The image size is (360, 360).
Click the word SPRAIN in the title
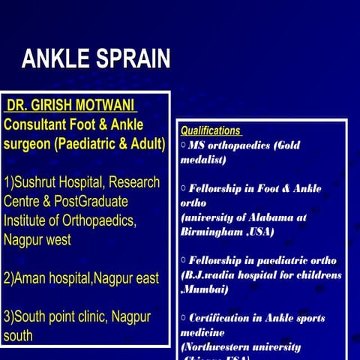131,59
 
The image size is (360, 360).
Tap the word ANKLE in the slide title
55,59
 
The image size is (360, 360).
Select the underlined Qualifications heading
211,130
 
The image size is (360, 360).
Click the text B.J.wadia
212,274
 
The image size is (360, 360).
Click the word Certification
226,318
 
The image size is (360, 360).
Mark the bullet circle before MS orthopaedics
184,145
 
